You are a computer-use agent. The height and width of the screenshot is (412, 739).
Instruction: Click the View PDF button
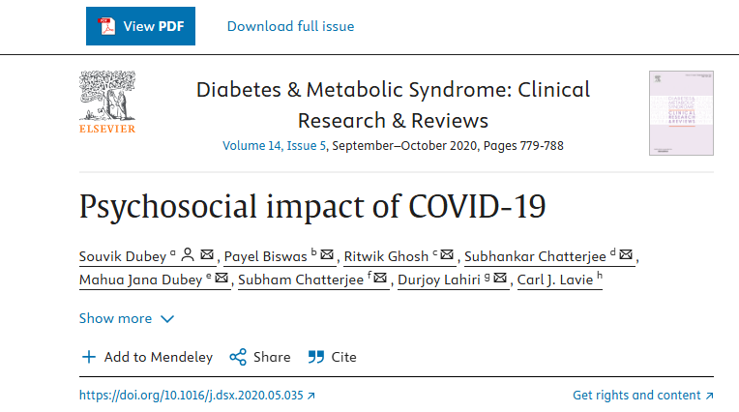tap(140, 26)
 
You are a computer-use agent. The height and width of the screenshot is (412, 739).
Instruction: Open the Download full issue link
tap(290, 26)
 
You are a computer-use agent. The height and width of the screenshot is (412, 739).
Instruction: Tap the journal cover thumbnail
tap(681, 112)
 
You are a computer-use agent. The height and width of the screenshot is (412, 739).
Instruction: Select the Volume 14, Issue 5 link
tap(275, 146)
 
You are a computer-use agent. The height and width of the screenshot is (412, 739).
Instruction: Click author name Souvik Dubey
tap(123, 256)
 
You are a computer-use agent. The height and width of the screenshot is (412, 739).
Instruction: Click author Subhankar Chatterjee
tap(535, 256)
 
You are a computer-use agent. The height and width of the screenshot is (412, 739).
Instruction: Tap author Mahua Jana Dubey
tap(140, 280)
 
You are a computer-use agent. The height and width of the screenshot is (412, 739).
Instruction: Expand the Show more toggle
tap(127, 318)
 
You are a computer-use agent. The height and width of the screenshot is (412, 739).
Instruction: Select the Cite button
tap(332, 357)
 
